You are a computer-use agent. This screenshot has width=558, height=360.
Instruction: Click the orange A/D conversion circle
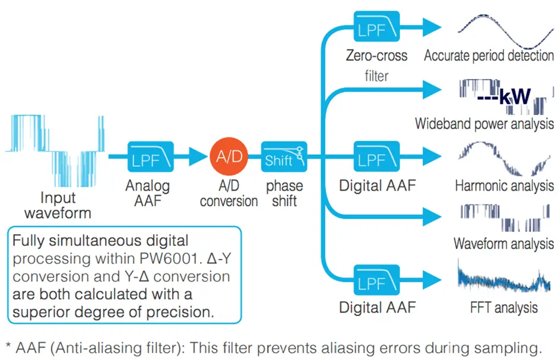pyautogui.click(x=229, y=157)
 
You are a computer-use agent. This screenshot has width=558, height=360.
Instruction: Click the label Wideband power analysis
pyautogui.click(x=484, y=124)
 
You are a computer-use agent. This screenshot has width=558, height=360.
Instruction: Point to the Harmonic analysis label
pyautogui.click(x=503, y=185)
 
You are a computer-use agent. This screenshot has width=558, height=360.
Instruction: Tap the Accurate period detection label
pyautogui.click(x=489, y=56)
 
